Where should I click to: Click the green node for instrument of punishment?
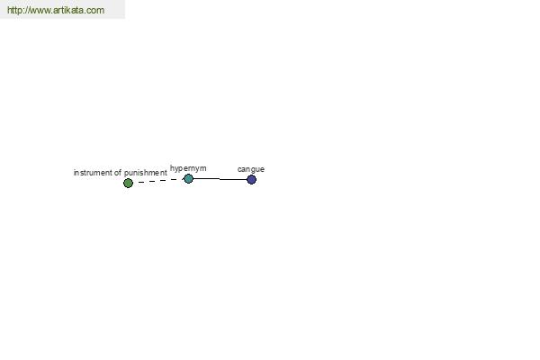[128, 183]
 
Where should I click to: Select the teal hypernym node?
[188, 178]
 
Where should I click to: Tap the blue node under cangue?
[251, 179]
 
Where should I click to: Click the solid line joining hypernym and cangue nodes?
[220, 179]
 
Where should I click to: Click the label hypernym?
[188, 168]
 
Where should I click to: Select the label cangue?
[251, 169]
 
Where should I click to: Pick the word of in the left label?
[118, 173]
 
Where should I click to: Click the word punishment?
[145, 173]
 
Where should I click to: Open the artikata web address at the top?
[56, 10]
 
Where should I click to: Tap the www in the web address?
[39, 11]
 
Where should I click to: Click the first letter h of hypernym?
[172, 167]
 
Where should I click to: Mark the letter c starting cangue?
[239, 169]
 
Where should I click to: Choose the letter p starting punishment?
[126, 174]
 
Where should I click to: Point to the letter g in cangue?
[253, 170]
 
